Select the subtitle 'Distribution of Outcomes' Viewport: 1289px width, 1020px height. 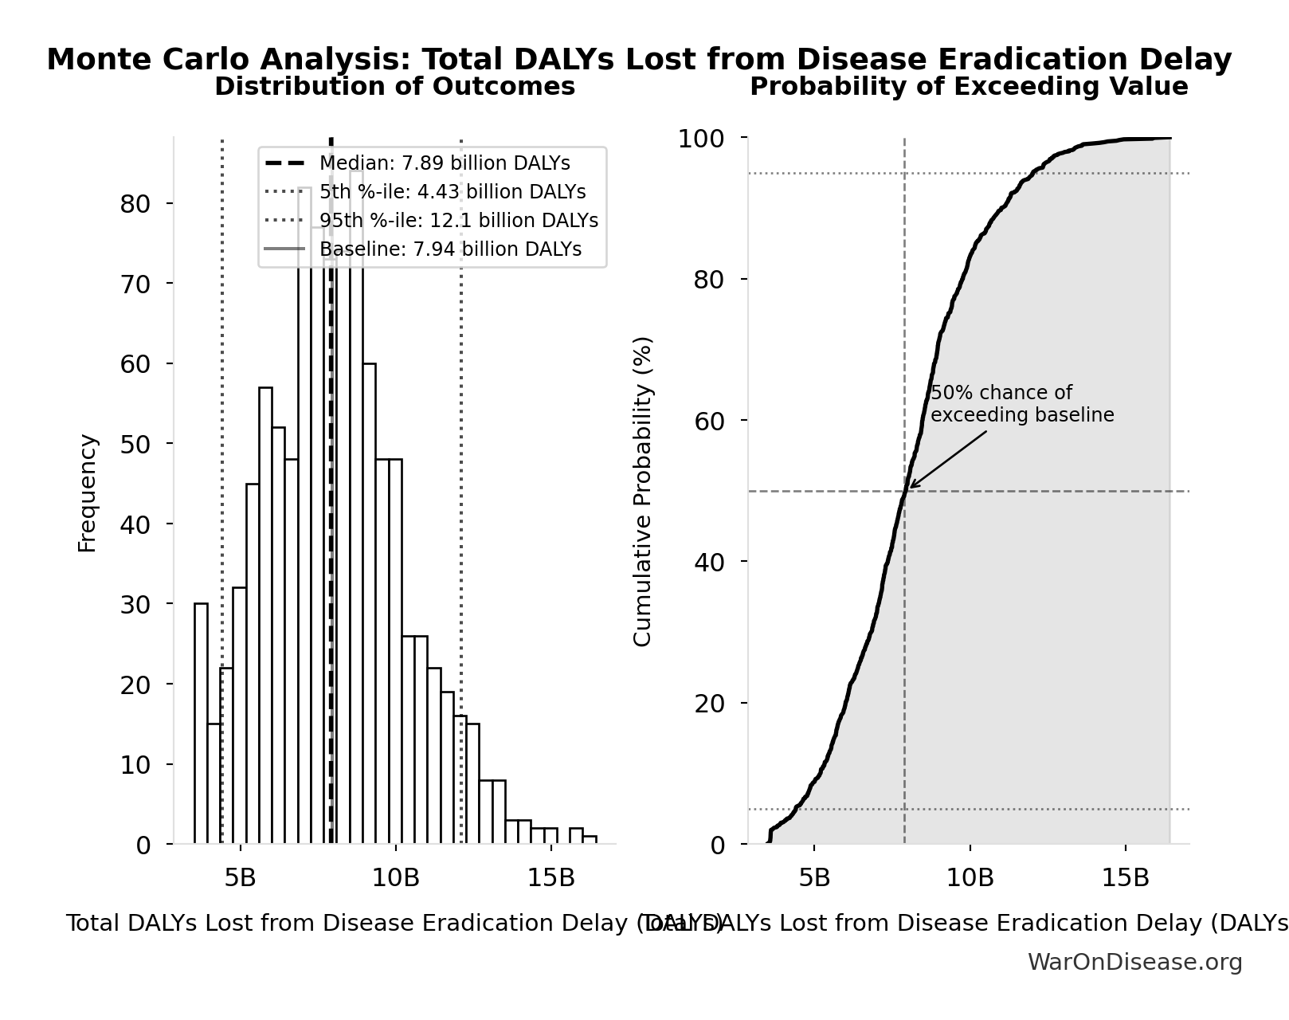[x=394, y=87]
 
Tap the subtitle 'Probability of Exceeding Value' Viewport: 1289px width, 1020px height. [x=969, y=87]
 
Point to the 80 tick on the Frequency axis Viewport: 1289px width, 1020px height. [x=135, y=204]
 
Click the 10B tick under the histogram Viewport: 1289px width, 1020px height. [x=396, y=878]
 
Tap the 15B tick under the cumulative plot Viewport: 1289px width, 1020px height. [x=1125, y=878]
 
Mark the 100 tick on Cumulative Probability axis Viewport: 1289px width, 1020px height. [x=701, y=139]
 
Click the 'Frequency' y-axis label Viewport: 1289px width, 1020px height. [x=88, y=492]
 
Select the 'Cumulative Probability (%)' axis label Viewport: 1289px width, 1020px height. [x=642, y=491]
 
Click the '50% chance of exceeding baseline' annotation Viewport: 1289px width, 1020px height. [x=1021, y=404]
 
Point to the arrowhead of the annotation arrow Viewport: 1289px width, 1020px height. [x=911, y=487]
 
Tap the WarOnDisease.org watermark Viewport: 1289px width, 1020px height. [x=1134, y=963]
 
